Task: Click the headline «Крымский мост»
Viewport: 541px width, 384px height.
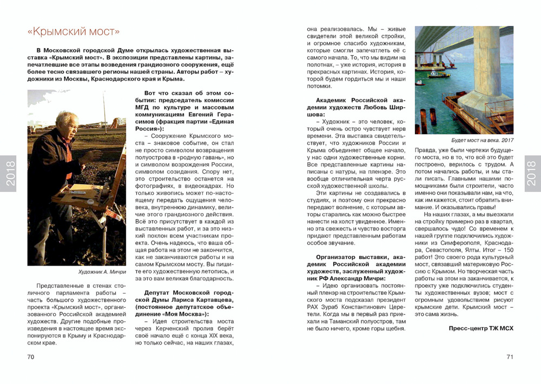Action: click(74, 31)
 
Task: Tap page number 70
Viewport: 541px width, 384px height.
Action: click(31, 356)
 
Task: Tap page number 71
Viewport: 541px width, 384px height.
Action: click(510, 356)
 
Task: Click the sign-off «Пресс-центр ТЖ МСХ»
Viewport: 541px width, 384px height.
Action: click(481, 328)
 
